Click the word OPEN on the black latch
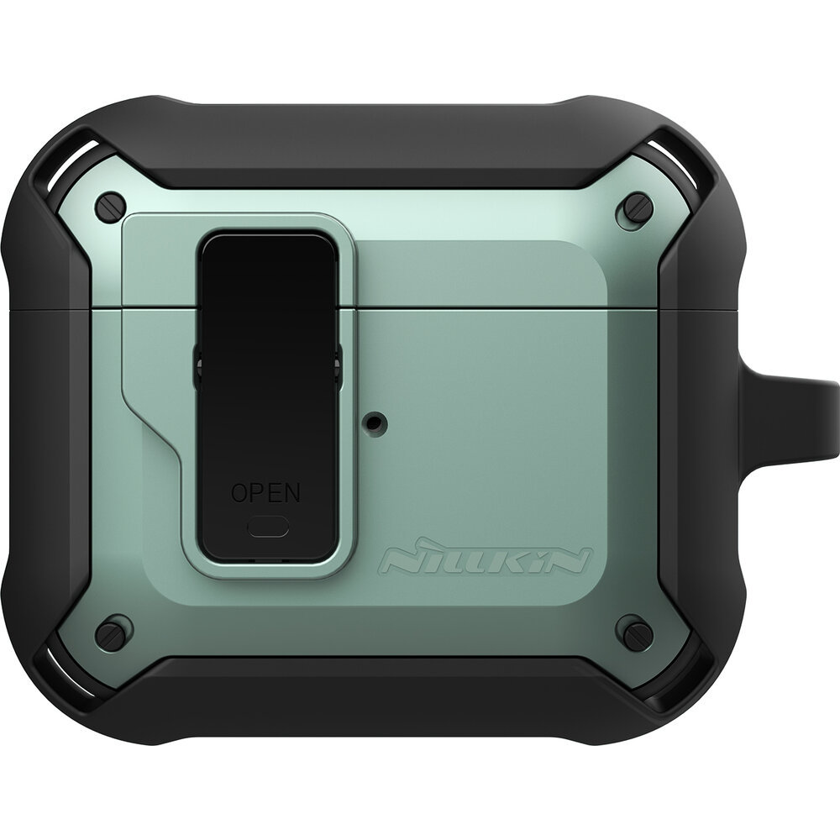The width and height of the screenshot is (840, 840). point(265,491)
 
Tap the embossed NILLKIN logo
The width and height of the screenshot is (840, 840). point(486,560)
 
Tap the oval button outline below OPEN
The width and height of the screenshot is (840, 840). point(268,528)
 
